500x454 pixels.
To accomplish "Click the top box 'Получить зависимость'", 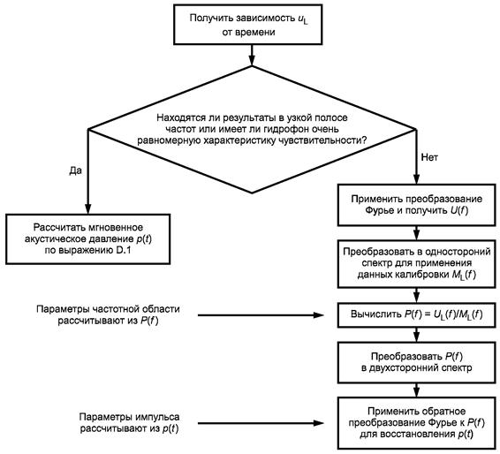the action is pyautogui.click(x=247, y=24).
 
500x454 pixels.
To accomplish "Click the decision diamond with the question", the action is pyautogui.click(x=252, y=129).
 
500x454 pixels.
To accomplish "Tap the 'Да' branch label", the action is pyautogui.click(x=76, y=170).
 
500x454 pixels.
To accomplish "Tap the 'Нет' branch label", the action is pyautogui.click(x=429, y=157).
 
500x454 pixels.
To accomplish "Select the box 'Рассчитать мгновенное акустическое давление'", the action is pyautogui.click(x=88, y=239).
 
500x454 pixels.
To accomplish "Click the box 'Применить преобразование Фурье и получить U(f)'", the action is pyautogui.click(x=416, y=205).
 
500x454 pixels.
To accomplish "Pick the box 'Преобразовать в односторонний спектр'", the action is pyautogui.click(x=416, y=263).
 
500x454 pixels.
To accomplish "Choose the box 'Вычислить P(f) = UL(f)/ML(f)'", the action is pyautogui.click(x=416, y=315).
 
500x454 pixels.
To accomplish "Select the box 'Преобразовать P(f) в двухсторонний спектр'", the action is pyautogui.click(x=416, y=362).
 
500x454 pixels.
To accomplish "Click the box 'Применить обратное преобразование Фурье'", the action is pyautogui.click(x=416, y=423).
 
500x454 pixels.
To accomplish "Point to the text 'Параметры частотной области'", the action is pyautogui.click(x=108, y=309).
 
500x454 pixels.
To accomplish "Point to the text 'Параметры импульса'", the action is pyautogui.click(x=129, y=417).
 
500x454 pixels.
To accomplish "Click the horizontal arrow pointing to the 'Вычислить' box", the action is pyautogui.click(x=261, y=315).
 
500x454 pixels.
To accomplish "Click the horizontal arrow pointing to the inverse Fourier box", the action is pyautogui.click(x=261, y=423).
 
